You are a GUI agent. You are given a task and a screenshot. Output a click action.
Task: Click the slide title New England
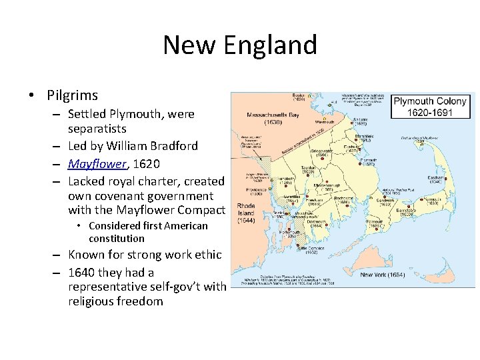coord(240,45)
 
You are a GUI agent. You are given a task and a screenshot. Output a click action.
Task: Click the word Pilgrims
coord(72,95)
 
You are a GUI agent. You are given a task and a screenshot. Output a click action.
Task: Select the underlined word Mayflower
coord(97,163)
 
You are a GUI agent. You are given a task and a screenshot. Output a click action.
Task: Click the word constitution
coord(116,239)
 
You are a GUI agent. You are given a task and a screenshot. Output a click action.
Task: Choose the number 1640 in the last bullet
coord(82,273)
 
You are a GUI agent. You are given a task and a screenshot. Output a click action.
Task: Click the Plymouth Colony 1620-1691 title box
coord(431,107)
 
